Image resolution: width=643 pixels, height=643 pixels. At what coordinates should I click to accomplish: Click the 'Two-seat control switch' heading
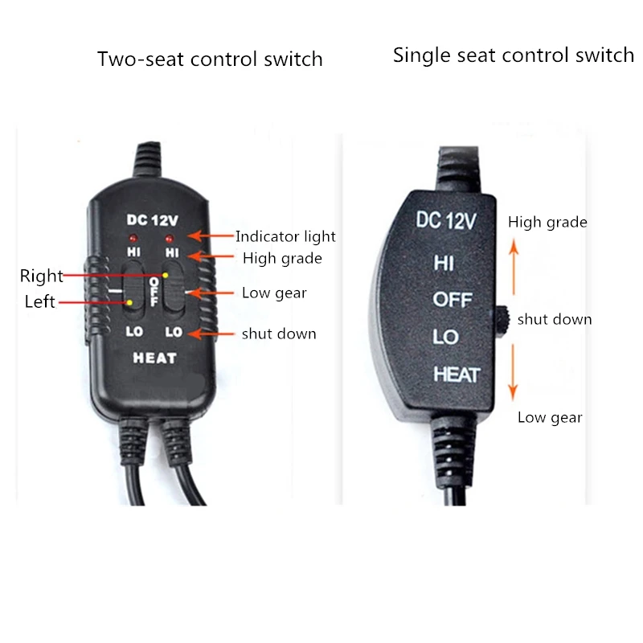pyautogui.click(x=210, y=59)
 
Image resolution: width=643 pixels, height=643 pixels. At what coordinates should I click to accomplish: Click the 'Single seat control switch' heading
pyautogui.click(x=514, y=55)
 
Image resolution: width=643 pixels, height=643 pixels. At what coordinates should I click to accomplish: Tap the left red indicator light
pyautogui.click(x=133, y=238)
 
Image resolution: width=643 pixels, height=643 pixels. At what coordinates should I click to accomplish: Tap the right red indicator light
pyautogui.click(x=169, y=238)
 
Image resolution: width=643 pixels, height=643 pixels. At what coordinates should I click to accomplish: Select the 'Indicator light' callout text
pyautogui.click(x=285, y=236)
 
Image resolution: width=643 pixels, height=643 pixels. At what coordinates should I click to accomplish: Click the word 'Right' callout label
pyautogui.click(x=42, y=276)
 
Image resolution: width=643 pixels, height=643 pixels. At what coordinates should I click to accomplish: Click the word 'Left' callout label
pyautogui.click(x=39, y=301)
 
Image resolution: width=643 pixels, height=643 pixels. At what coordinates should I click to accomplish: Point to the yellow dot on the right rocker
pyautogui.click(x=166, y=275)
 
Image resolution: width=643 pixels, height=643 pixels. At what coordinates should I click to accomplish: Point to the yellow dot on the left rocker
pyautogui.click(x=129, y=303)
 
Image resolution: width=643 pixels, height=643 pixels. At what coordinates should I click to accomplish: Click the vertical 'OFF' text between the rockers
pyautogui.click(x=154, y=292)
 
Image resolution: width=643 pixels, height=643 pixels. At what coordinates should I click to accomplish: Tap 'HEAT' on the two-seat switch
pyautogui.click(x=155, y=358)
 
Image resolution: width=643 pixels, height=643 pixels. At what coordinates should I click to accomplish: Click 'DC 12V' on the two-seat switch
pyautogui.click(x=153, y=220)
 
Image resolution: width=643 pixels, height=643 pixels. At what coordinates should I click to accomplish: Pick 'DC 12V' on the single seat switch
pyautogui.click(x=446, y=220)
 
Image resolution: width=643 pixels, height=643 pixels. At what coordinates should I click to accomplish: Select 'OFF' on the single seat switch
pyautogui.click(x=453, y=300)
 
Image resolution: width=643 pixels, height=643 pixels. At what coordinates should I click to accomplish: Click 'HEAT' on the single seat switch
pyautogui.click(x=457, y=375)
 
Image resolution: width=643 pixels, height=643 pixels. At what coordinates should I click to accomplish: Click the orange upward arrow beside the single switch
pyautogui.click(x=514, y=267)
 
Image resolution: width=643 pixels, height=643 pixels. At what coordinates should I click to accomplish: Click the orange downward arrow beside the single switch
pyautogui.click(x=513, y=372)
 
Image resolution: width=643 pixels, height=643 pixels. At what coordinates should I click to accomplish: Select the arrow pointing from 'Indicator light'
pyautogui.click(x=211, y=235)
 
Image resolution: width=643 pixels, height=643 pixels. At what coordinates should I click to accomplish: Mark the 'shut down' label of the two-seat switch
pyautogui.click(x=279, y=334)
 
